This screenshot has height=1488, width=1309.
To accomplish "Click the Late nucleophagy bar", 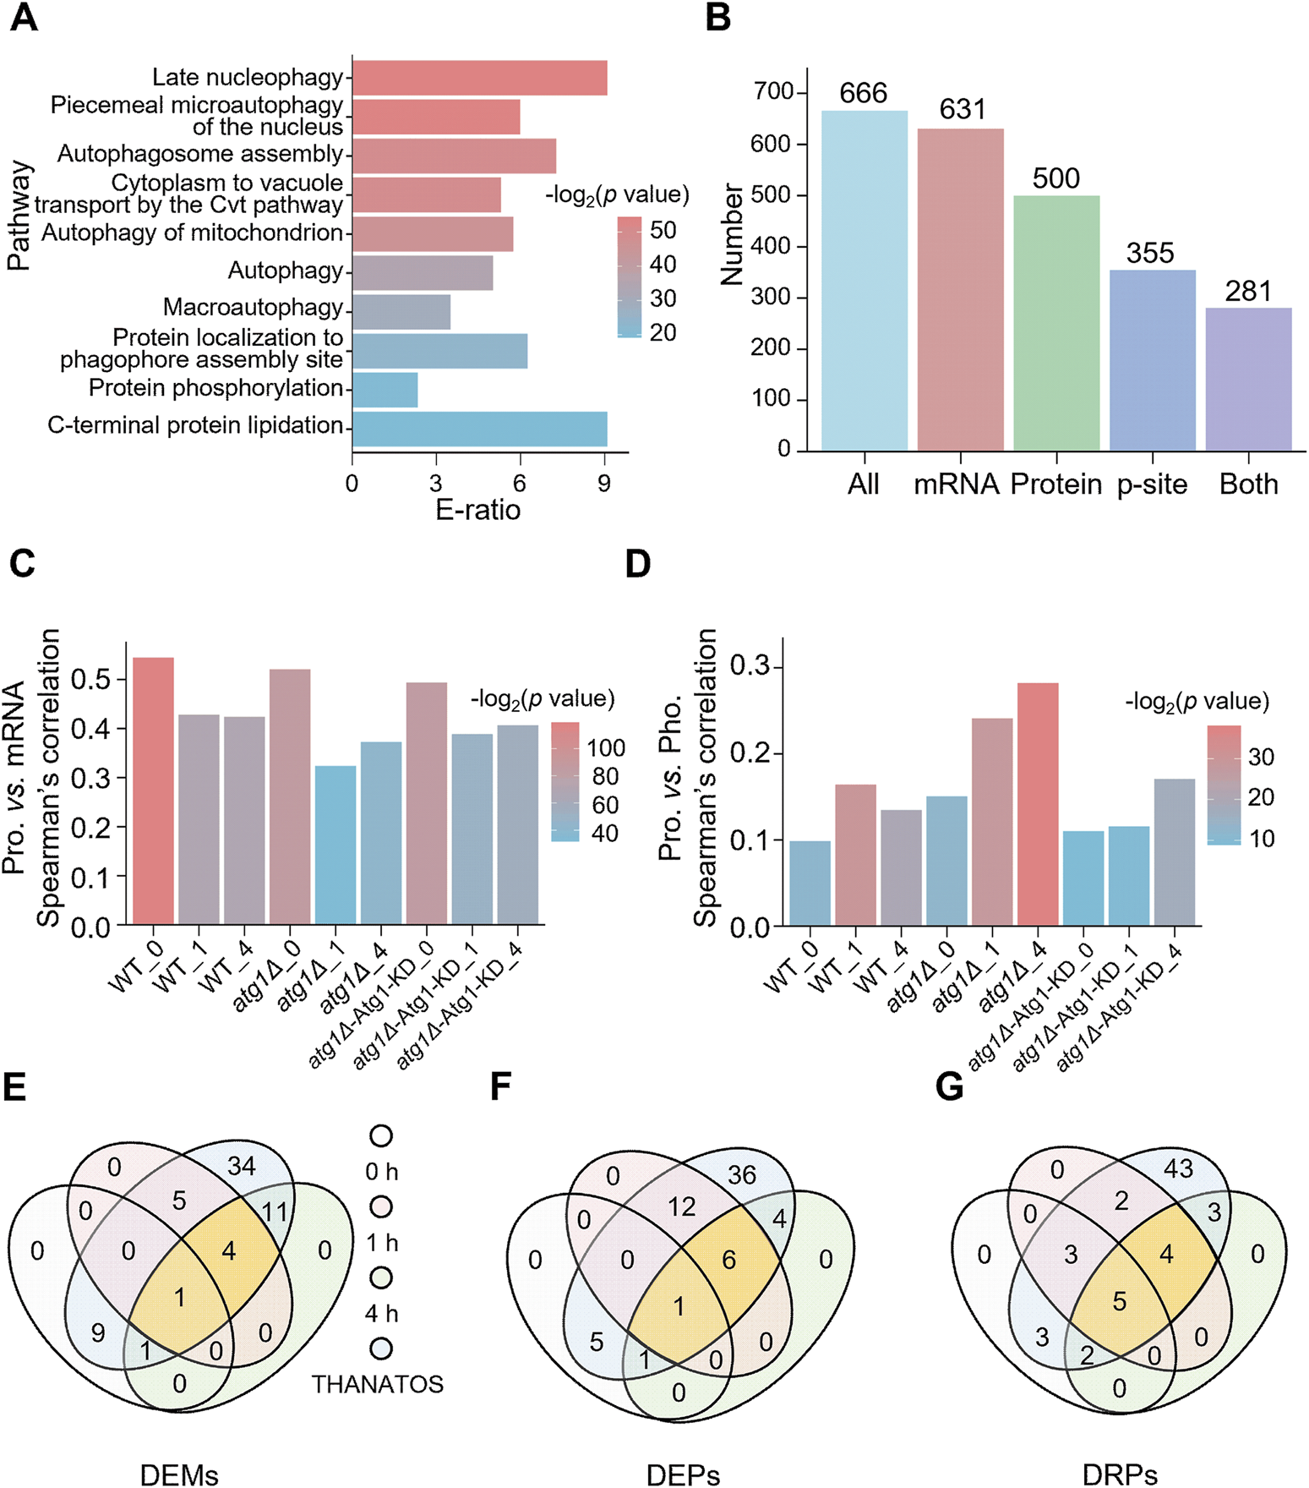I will [479, 78].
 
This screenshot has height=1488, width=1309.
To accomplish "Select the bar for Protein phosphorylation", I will [385, 390].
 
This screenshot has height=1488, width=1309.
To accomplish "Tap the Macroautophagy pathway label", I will [253, 308].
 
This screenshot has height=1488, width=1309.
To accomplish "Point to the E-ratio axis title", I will [477, 510].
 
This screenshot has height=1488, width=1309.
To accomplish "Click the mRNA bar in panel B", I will [960, 289].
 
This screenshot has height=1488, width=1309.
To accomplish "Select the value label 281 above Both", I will [1248, 292].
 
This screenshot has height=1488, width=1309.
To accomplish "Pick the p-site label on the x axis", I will [1152, 484].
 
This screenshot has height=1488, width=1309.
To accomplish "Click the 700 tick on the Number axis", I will [773, 91].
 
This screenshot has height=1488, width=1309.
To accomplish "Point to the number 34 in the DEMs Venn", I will [241, 1166].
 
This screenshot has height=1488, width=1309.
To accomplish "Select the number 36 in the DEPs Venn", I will [741, 1174].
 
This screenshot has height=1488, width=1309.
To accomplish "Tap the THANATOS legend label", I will [377, 1385].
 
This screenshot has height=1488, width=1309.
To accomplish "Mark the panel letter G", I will [949, 1086].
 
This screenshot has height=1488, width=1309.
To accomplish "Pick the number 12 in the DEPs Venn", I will [681, 1206].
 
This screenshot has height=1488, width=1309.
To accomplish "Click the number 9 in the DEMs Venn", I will [98, 1334].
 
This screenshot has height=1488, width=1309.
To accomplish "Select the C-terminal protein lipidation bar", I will [479, 429].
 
